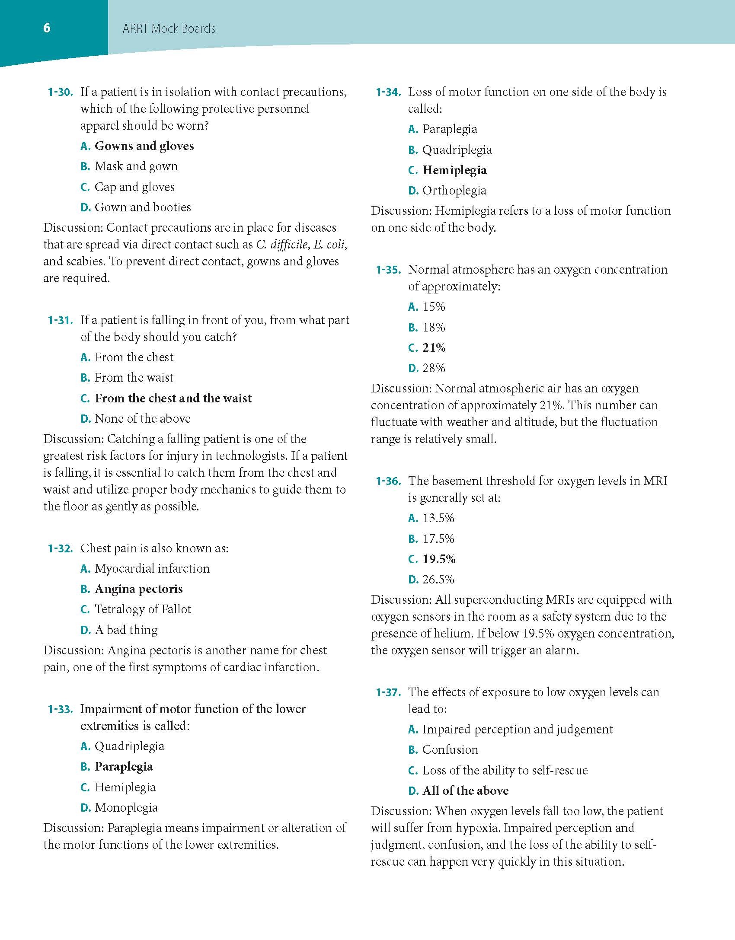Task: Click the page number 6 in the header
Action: tap(47, 29)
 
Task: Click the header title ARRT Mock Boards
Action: tap(169, 29)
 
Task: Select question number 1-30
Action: tap(60, 92)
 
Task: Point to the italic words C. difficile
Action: tap(281, 245)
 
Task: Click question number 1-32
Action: tap(60, 548)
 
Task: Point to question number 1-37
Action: tap(388, 692)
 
